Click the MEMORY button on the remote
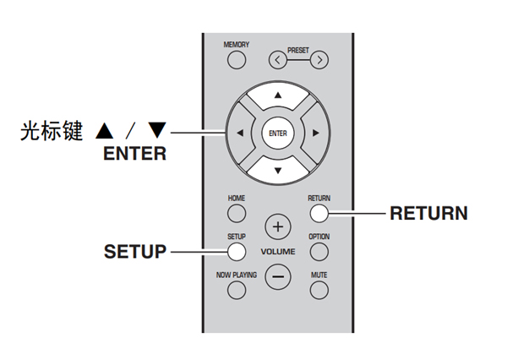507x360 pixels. pyautogui.click(x=236, y=59)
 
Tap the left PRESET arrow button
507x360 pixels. pyautogui.click(x=277, y=59)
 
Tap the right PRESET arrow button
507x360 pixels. pyautogui.click(x=319, y=59)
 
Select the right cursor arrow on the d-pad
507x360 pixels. pyautogui.click(x=315, y=133)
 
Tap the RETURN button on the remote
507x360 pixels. pyautogui.click(x=319, y=212)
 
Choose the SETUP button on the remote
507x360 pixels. pyautogui.click(x=236, y=251)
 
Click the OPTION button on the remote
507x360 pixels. pyautogui.click(x=319, y=251)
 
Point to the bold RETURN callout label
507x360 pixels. pyautogui.click(x=428, y=213)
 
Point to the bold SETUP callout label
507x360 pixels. pyautogui.click(x=134, y=252)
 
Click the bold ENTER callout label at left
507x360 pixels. pyautogui.click(x=135, y=154)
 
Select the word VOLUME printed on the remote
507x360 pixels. pyautogui.click(x=278, y=252)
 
